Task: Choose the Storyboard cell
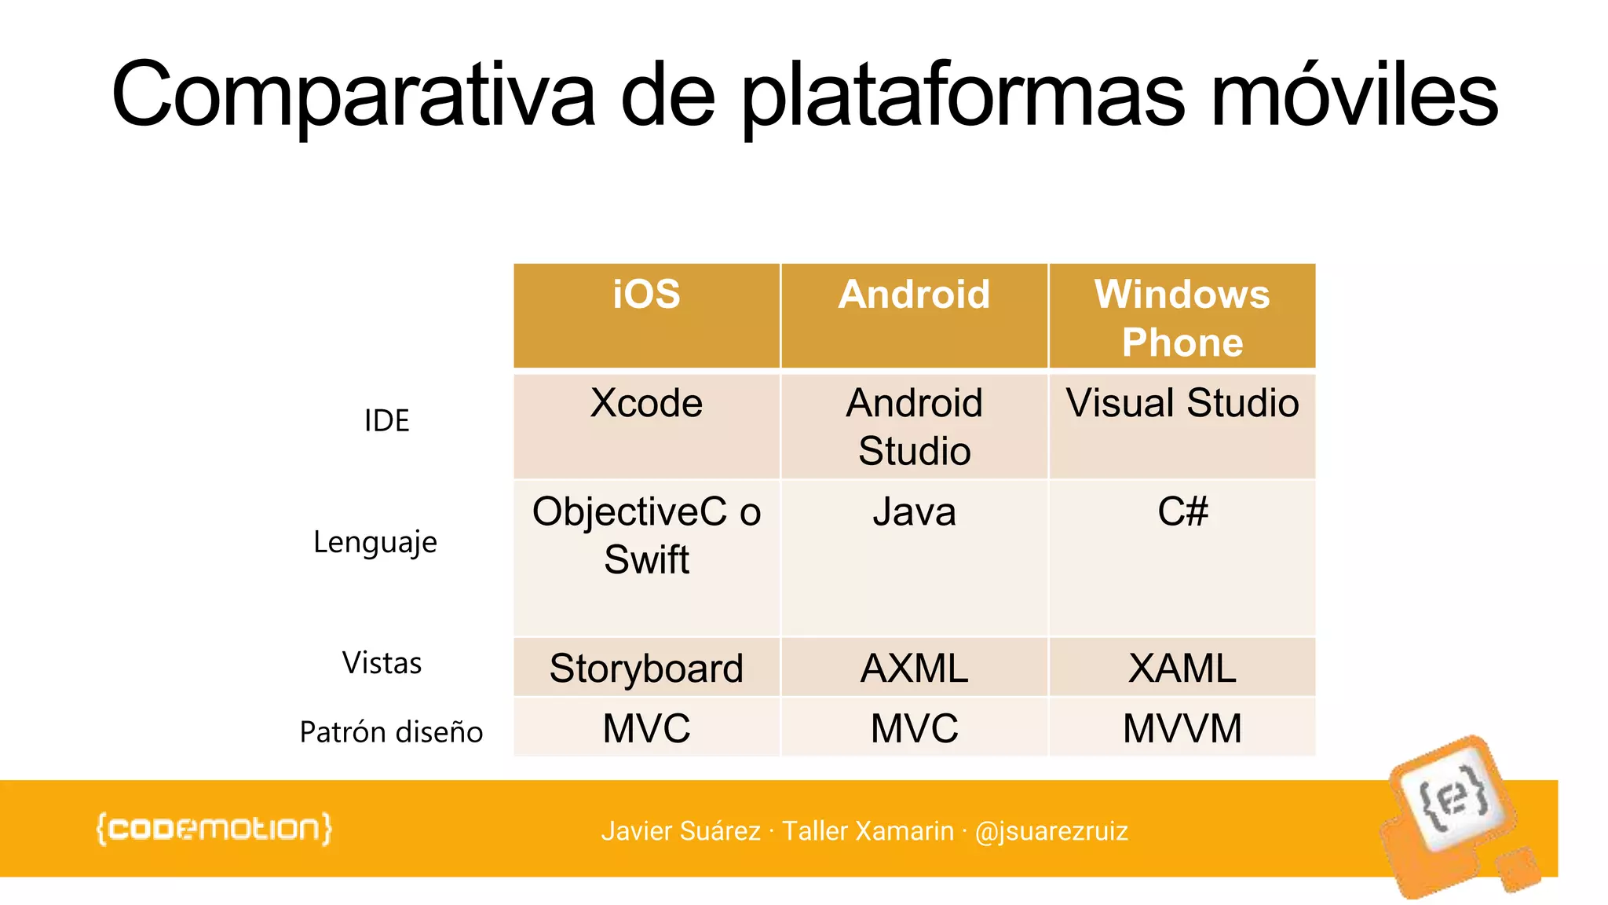(646, 669)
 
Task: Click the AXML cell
(914, 669)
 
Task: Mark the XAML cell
(1182, 669)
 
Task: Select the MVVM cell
(1182, 728)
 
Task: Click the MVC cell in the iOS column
(646, 728)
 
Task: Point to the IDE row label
(386, 421)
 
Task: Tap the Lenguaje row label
(375, 542)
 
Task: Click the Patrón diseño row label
(391, 732)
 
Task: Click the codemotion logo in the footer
(214, 830)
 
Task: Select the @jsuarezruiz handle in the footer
(1051, 831)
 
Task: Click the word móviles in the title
(1354, 96)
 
